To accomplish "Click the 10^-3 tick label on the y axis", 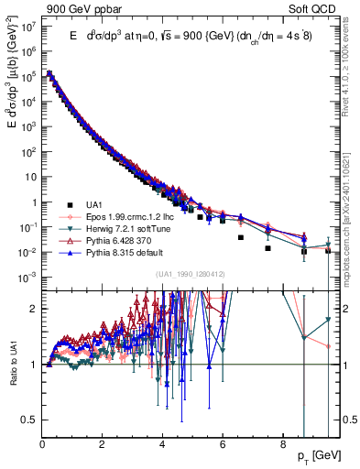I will click(28, 277).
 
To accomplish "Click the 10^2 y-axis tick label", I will click(29, 152).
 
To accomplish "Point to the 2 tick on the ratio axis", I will click(33, 309).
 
